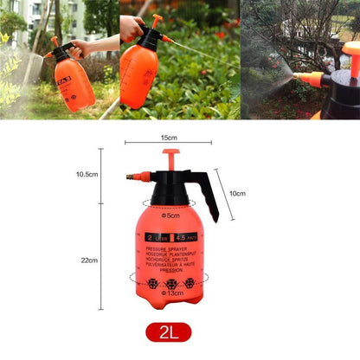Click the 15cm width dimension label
coord(168,138)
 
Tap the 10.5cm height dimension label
coord(87,174)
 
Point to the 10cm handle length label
coord(236,193)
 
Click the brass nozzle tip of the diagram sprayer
coord(132,177)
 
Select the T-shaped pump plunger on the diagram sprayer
coord(170,158)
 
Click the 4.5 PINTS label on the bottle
coord(185,236)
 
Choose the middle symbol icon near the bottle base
coord(170,283)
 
